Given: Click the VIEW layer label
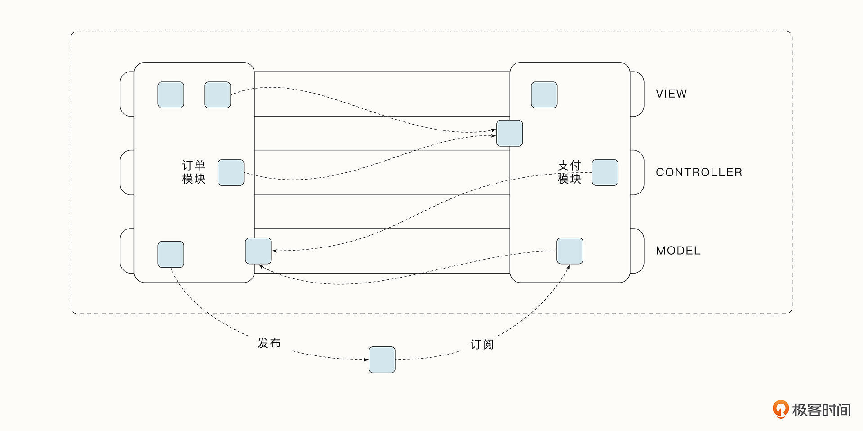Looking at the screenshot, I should click(x=671, y=94).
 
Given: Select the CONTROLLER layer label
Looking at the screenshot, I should click(x=698, y=172).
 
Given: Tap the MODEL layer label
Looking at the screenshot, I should click(x=678, y=251).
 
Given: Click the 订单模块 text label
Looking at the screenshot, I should click(x=194, y=172).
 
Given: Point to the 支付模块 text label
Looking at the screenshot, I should click(x=569, y=172).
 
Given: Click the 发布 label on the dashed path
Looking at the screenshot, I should click(x=269, y=343).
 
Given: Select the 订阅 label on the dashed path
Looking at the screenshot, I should click(x=482, y=345).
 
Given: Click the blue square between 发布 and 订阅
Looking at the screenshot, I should click(x=382, y=359).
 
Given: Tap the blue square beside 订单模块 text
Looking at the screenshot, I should click(x=231, y=172).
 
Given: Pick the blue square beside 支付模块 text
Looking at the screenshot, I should click(x=605, y=172).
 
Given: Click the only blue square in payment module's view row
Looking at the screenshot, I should click(x=544, y=95).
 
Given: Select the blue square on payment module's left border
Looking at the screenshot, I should click(x=509, y=133).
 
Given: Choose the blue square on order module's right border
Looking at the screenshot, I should click(x=258, y=251).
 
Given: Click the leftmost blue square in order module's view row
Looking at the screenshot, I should click(x=171, y=95).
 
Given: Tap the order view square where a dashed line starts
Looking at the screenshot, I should click(x=218, y=95).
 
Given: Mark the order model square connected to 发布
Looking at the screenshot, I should click(x=171, y=254).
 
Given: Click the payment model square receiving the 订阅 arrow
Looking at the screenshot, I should click(x=570, y=251).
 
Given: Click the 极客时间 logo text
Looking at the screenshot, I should click(x=821, y=410).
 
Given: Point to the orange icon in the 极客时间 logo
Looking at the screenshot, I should click(x=780, y=409).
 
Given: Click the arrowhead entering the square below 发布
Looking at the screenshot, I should click(x=366, y=359).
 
